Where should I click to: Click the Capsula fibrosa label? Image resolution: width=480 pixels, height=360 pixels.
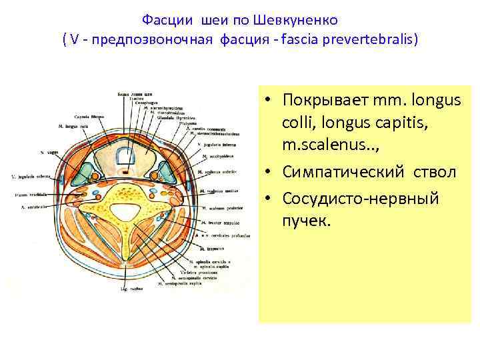click(86, 115)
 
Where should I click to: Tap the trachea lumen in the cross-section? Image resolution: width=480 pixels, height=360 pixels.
click(126, 157)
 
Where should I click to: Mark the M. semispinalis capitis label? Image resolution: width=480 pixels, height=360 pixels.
click(184, 283)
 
